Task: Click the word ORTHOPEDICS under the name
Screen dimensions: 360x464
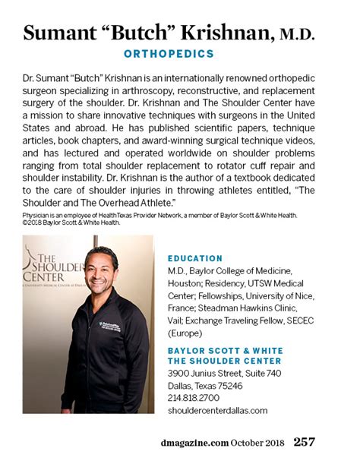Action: [168, 55]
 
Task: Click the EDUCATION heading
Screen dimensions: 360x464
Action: [194, 258]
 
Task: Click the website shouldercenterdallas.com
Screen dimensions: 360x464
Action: [217, 411]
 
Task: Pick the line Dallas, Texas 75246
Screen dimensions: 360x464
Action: [205, 384]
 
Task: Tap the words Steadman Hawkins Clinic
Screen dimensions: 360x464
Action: [242, 309]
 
